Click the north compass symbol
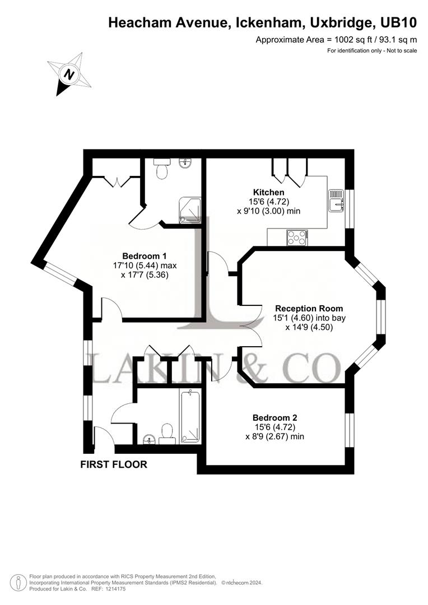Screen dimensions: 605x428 pos(69,74)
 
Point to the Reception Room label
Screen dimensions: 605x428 pos(309,309)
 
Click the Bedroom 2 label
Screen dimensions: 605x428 pos(275,417)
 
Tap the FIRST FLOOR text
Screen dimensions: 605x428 pos(114,464)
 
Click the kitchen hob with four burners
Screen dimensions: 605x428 pos(296,238)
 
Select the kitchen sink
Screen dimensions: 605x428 pos(337,200)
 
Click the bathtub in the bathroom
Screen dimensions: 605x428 pos(190,417)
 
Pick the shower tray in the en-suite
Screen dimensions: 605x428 pos(189,211)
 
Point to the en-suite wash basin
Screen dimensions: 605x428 pos(186,163)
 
